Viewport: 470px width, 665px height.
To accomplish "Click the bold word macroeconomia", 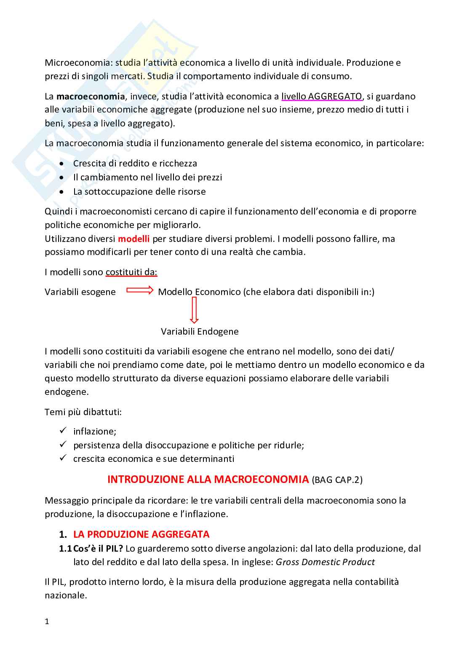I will [90, 97].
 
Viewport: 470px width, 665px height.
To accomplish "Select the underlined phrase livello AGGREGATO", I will [321, 97].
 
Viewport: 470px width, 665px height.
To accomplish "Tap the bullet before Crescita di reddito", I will [62, 164].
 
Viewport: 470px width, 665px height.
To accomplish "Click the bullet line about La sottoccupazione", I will [139, 192].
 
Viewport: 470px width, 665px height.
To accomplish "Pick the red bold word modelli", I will [134, 239].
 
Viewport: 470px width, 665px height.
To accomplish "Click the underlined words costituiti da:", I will [131, 272].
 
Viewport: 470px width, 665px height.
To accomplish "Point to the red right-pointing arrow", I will [140, 291].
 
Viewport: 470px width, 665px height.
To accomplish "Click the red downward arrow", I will [194, 310].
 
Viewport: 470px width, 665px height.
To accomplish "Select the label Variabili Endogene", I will [200, 332].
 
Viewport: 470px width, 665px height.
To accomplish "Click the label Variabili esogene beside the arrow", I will [80, 292].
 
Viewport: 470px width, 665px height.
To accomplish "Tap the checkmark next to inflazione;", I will [63, 431].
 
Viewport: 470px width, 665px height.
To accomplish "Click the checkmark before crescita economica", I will [63, 458].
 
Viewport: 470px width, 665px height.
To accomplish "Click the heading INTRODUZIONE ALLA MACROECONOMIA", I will [208, 479].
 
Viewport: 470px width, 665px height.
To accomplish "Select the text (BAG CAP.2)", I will [337, 480].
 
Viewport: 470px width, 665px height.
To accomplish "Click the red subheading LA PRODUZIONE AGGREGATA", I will [141, 534].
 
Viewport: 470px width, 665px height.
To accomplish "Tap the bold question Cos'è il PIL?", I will [98, 549].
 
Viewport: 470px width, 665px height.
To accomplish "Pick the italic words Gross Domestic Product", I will [325, 562].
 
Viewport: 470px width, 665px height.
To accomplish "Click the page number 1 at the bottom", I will [47, 622].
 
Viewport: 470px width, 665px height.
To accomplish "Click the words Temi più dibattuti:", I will [83, 412].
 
